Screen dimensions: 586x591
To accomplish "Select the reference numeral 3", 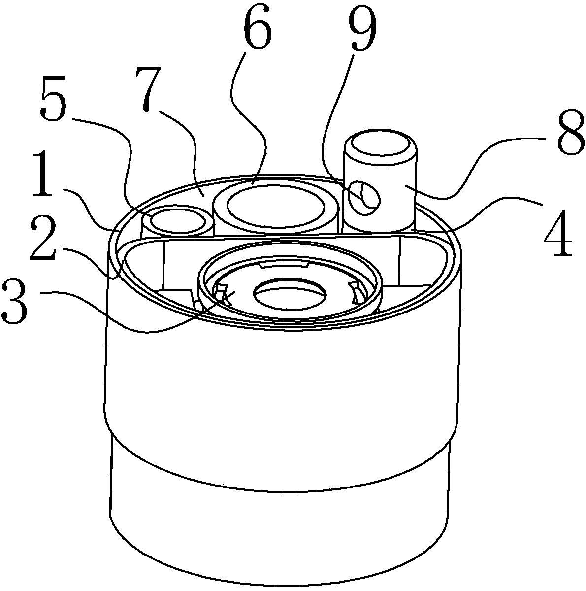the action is (16, 302).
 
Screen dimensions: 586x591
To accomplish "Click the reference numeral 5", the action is (54, 100).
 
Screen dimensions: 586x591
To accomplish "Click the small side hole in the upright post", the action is (364, 198).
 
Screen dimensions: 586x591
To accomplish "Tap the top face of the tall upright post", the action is (380, 145).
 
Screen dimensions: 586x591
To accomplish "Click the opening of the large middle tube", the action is (276, 208).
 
